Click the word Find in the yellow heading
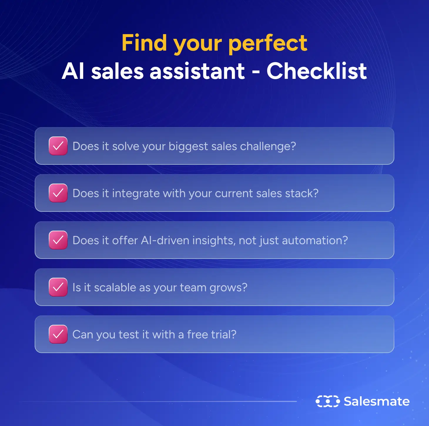144,43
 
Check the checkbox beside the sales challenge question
58,146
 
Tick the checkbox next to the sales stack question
58,193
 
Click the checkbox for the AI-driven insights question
58,240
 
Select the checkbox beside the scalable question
58,287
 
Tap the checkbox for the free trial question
58,334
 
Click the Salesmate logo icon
328,401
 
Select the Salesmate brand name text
377,401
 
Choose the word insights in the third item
214,241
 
